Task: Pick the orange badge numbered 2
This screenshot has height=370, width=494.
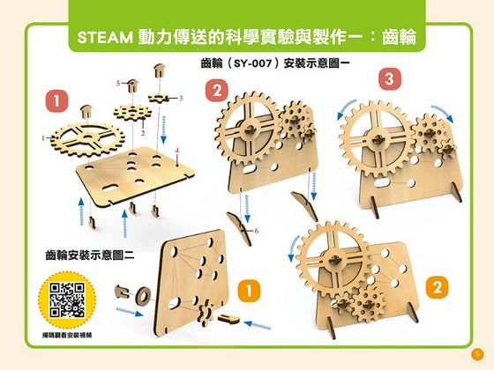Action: pos(434,286)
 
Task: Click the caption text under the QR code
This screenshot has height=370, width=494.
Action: pos(67,336)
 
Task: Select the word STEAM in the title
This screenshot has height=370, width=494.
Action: pos(104,39)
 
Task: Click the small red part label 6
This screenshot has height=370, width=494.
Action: pos(256,231)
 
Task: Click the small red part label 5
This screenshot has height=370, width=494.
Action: pos(116,81)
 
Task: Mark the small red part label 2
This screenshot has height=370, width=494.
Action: pos(143,129)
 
